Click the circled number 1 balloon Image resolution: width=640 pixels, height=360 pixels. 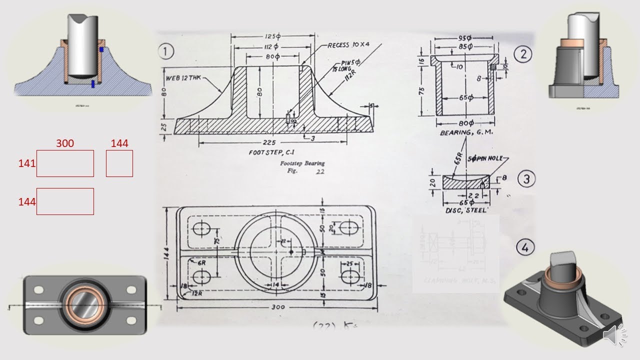(166, 51)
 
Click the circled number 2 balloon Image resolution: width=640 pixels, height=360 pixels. (523, 54)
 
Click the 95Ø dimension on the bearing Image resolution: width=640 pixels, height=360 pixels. (466, 38)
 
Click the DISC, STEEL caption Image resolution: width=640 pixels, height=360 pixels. (465, 210)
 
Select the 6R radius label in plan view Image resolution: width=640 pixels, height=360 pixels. (202, 262)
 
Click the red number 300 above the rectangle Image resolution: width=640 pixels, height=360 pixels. (65, 143)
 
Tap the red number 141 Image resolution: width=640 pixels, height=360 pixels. (26, 163)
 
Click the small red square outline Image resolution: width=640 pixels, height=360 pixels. (119, 163)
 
